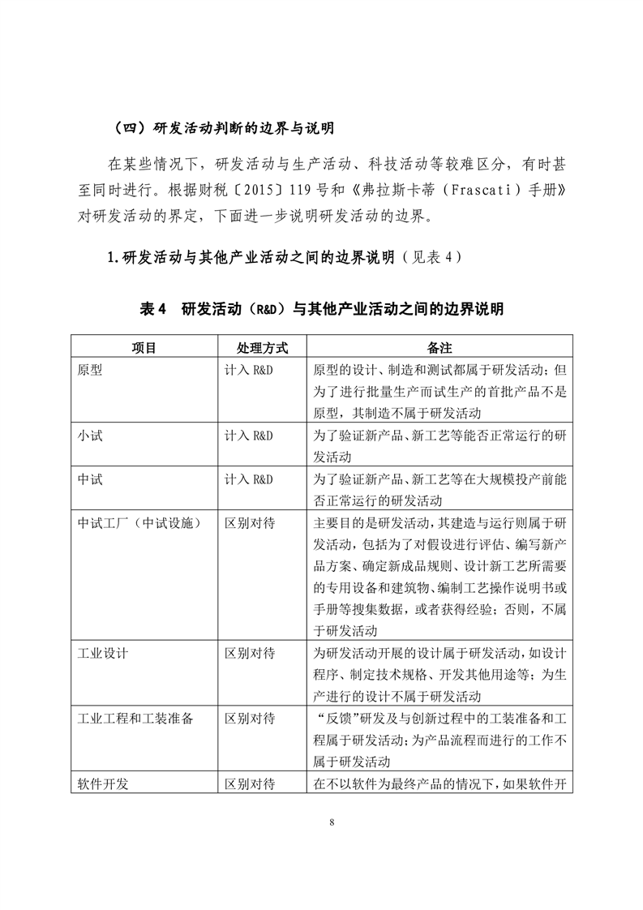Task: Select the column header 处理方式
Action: pyautogui.click(x=262, y=346)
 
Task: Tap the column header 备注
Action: pyautogui.click(x=439, y=346)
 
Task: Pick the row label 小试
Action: pyautogui.click(x=90, y=435)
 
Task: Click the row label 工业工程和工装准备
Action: pyautogui.click(x=134, y=719)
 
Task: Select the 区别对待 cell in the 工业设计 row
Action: pyautogui.click(x=250, y=652)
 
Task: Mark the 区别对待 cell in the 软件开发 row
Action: pyautogui.click(x=250, y=784)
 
